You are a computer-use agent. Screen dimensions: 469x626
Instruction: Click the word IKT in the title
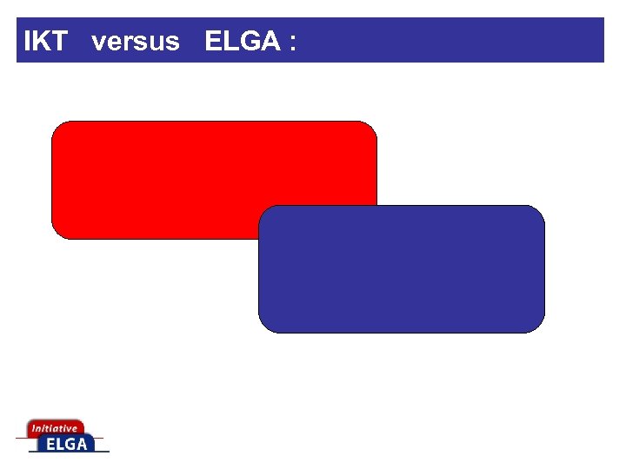pyautogui.click(x=45, y=41)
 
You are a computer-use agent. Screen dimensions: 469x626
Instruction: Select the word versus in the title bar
pyautogui.click(x=135, y=41)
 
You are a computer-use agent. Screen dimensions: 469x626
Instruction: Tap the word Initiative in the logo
pyautogui.click(x=54, y=428)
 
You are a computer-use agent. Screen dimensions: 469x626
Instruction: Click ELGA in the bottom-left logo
pyautogui.click(x=68, y=444)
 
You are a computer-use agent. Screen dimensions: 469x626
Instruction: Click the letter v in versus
pyautogui.click(x=97, y=43)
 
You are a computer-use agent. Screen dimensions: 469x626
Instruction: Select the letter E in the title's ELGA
pyautogui.click(x=212, y=41)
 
